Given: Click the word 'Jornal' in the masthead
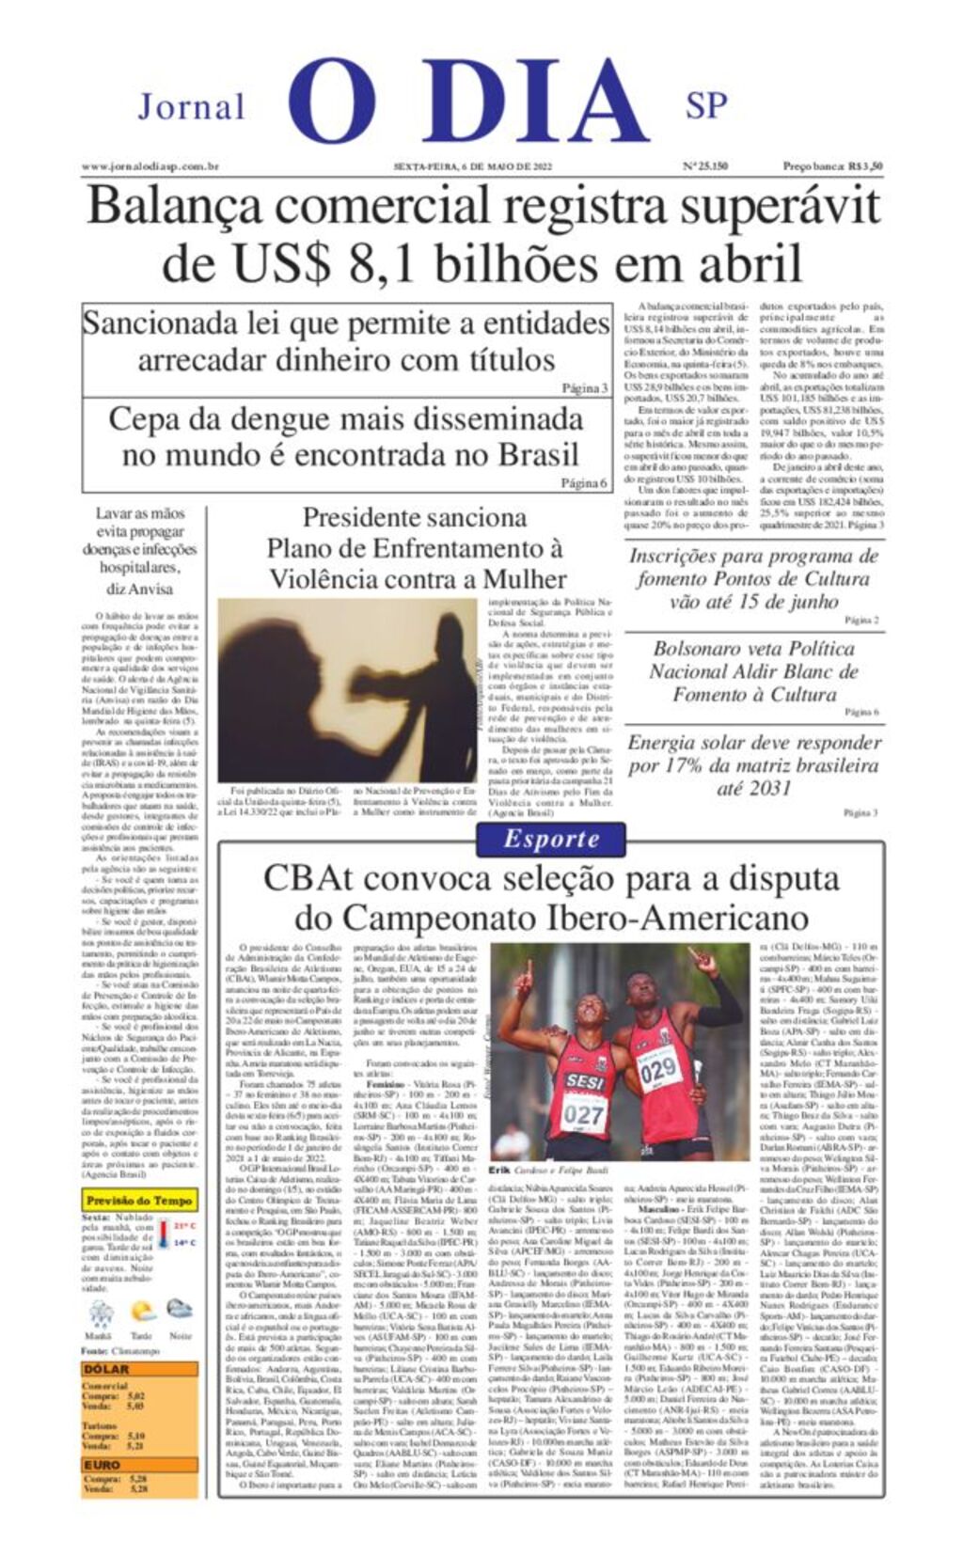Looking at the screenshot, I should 192,107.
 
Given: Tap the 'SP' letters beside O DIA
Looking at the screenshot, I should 706,106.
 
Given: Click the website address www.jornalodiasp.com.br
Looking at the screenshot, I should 150,166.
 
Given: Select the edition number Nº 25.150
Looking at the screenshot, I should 704,166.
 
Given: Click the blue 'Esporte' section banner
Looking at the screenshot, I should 551,840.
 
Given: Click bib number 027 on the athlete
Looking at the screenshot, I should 584,1116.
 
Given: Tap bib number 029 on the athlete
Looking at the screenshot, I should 658,1068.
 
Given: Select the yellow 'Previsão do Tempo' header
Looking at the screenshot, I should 139,1201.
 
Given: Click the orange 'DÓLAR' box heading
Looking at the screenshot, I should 106,1369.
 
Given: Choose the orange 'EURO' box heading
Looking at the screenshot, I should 103,1465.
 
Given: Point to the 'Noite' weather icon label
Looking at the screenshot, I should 180,1335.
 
